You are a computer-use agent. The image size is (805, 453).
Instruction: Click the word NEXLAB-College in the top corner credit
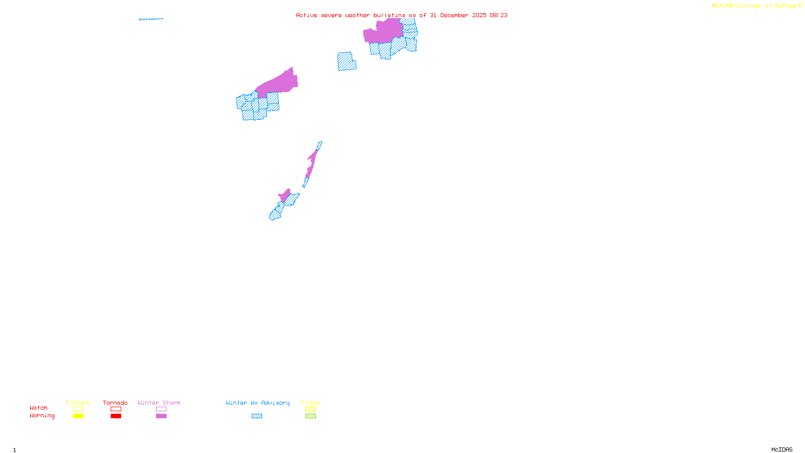point(736,6)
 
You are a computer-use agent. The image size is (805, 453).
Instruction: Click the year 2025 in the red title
point(479,16)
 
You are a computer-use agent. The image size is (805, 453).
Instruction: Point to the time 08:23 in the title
point(499,16)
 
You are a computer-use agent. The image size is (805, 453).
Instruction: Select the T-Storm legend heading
point(77,403)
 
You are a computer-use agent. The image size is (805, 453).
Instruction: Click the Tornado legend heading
point(115,403)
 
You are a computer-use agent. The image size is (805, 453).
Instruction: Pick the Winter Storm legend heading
point(159,403)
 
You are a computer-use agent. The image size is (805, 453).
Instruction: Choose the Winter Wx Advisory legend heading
point(258,403)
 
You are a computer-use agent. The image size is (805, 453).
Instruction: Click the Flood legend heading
point(310,403)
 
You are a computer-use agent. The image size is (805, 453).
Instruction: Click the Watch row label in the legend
point(39,408)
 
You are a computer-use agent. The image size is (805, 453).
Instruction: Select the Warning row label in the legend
point(42,416)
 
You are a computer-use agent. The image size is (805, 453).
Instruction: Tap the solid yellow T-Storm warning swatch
point(78,416)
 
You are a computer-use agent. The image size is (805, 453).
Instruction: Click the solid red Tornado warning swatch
point(116,416)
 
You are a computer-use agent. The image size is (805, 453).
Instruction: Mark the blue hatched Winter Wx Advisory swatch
point(257,416)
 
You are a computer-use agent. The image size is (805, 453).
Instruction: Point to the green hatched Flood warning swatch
point(310,416)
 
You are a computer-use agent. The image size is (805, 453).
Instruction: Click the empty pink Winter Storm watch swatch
point(161,409)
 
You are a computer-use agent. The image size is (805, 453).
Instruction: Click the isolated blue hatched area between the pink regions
point(346,61)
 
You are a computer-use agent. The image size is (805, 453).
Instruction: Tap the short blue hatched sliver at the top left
point(150,19)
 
